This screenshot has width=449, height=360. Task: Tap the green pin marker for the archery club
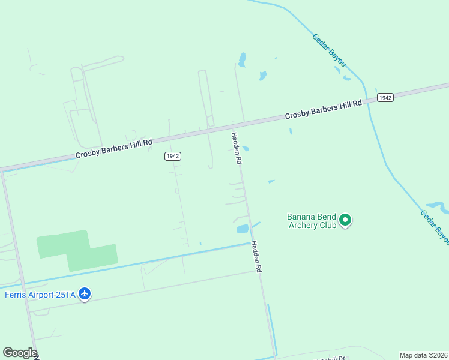345,220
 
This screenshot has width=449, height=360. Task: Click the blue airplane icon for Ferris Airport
85,293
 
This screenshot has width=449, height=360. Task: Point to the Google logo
20,353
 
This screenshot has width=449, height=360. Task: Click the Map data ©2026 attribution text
424,355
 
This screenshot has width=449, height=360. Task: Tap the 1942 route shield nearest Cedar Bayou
385,97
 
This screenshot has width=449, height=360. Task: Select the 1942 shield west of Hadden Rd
173,155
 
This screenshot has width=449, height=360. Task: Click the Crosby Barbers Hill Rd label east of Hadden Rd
324,109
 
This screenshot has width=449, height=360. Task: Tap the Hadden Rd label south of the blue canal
257,257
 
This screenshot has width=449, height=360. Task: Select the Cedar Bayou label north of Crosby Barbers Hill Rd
328,50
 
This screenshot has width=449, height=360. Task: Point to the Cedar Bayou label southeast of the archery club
435,227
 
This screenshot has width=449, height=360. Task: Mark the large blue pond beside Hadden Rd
243,229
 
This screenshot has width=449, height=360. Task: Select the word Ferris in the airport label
16,294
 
